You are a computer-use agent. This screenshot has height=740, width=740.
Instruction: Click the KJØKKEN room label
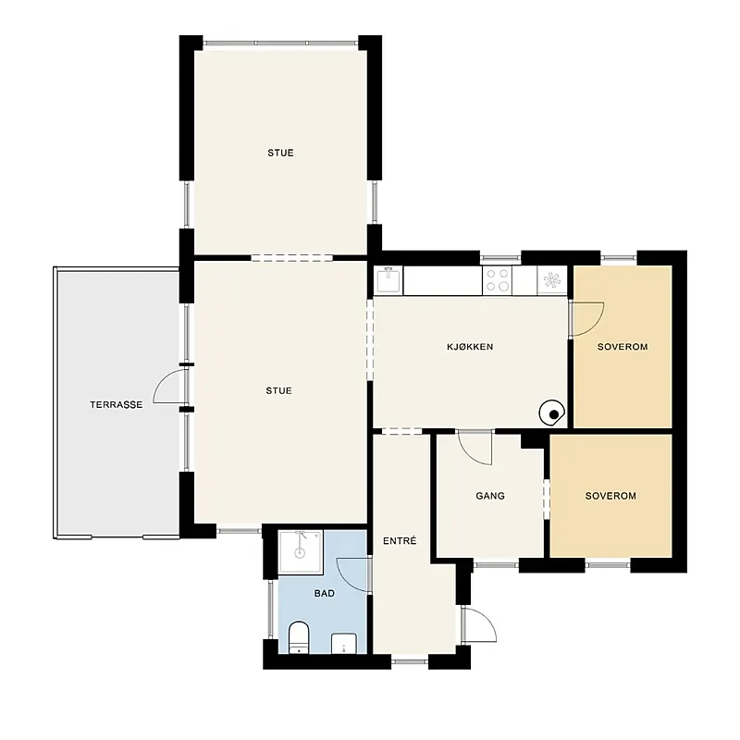(470, 347)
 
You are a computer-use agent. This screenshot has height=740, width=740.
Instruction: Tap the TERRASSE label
(117, 404)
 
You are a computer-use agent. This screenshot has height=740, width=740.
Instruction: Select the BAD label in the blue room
(325, 593)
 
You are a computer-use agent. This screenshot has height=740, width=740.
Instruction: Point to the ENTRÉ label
(400, 541)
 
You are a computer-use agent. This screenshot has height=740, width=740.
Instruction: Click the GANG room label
(490, 496)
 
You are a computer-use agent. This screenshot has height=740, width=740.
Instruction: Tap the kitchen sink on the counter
(388, 280)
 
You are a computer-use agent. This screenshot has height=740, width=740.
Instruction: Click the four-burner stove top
(498, 280)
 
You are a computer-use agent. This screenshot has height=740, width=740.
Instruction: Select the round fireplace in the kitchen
(551, 413)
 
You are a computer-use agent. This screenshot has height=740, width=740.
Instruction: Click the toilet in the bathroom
(298, 637)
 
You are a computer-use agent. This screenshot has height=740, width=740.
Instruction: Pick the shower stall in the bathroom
(301, 552)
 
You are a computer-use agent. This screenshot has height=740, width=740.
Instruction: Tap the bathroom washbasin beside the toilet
(344, 643)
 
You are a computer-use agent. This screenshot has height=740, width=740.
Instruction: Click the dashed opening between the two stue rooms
(291, 258)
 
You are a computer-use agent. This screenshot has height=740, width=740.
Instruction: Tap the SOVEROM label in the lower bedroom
(610, 496)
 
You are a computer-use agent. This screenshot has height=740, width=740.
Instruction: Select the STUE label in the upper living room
(280, 153)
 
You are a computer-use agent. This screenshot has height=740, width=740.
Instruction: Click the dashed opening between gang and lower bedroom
(547, 499)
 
